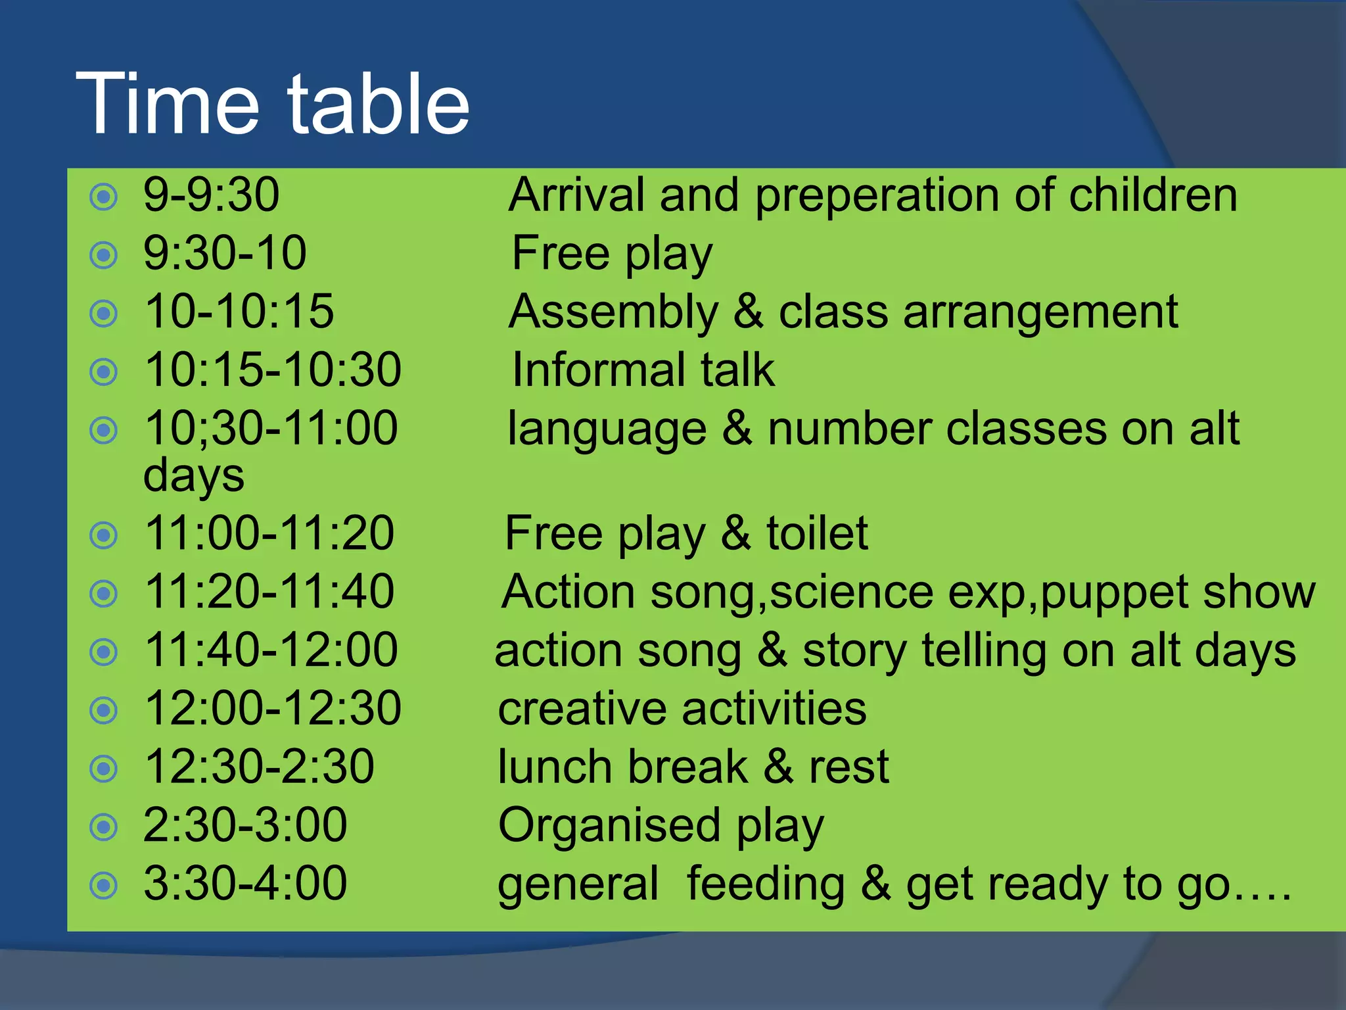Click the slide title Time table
point(273,105)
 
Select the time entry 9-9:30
point(211,195)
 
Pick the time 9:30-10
point(225,253)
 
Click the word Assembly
point(613,312)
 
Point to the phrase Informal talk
point(643,370)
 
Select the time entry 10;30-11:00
point(271,429)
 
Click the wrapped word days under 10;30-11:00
point(193,476)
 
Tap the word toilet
point(817,533)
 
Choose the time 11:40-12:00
point(271,650)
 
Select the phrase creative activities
point(682,709)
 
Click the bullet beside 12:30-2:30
point(103,769)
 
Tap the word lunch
point(555,767)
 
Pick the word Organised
point(609,826)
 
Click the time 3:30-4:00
point(244,884)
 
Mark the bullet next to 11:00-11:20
point(103,535)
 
